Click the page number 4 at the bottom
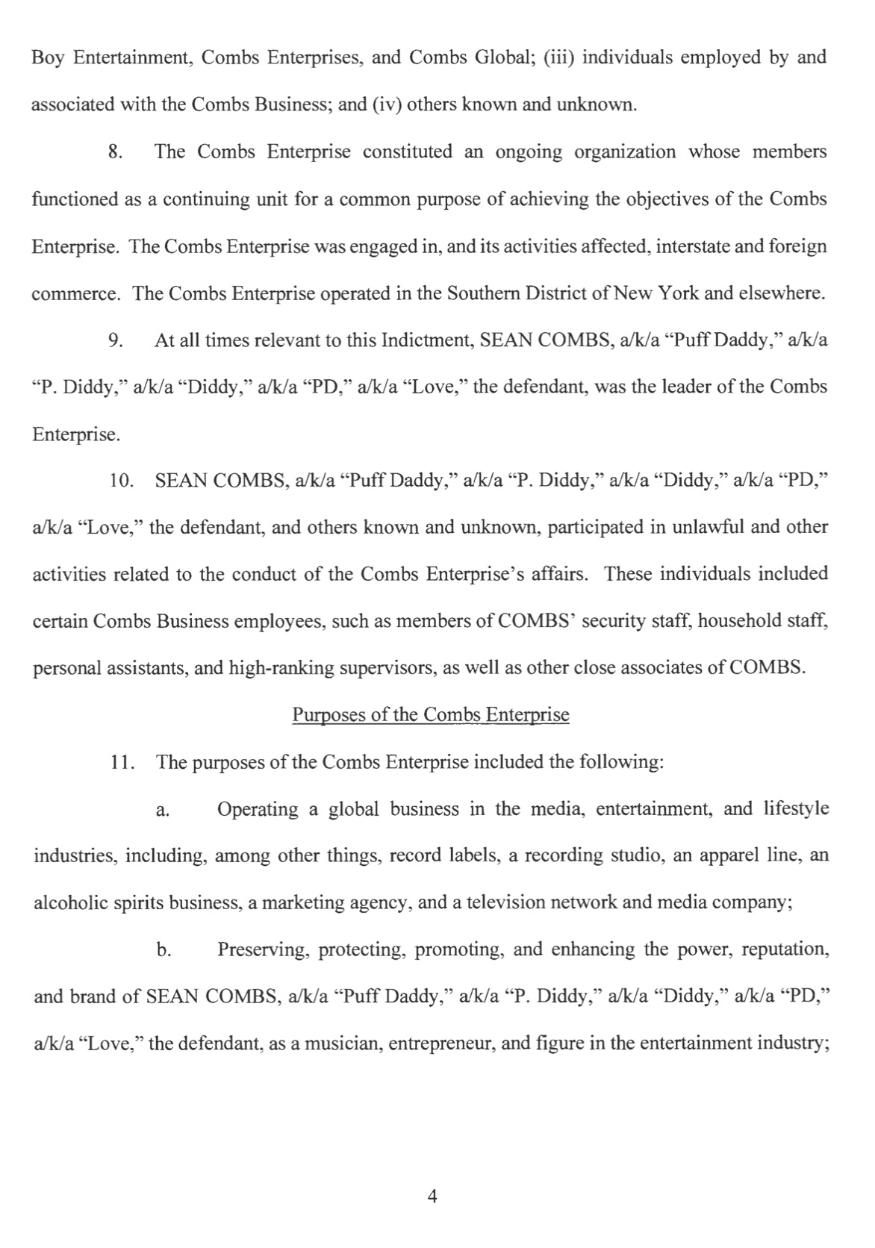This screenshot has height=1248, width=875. pos(432,1196)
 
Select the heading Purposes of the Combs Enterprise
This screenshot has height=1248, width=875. pos(430,715)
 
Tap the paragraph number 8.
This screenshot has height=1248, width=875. pos(115,152)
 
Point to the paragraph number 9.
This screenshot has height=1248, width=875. pos(115,341)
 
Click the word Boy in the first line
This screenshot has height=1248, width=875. pos(46,57)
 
